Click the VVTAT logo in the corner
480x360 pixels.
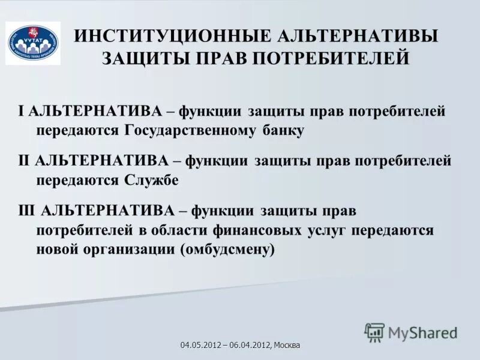coord(33,43)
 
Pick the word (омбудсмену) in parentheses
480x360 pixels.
coord(227,250)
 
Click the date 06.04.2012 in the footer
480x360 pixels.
coord(248,345)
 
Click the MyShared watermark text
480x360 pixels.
coord(423,332)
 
